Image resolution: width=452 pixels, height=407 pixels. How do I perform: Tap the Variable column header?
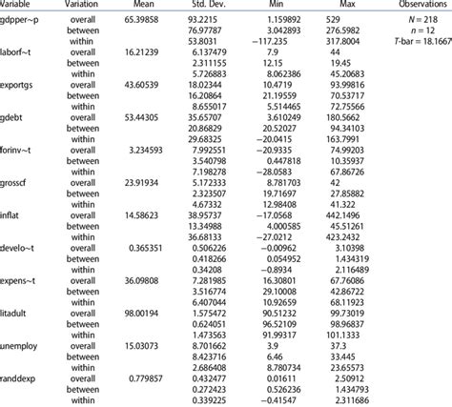pyautogui.click(x=21, y=5)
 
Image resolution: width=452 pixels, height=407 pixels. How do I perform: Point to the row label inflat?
pyautogui.click(x=15, y=241)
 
